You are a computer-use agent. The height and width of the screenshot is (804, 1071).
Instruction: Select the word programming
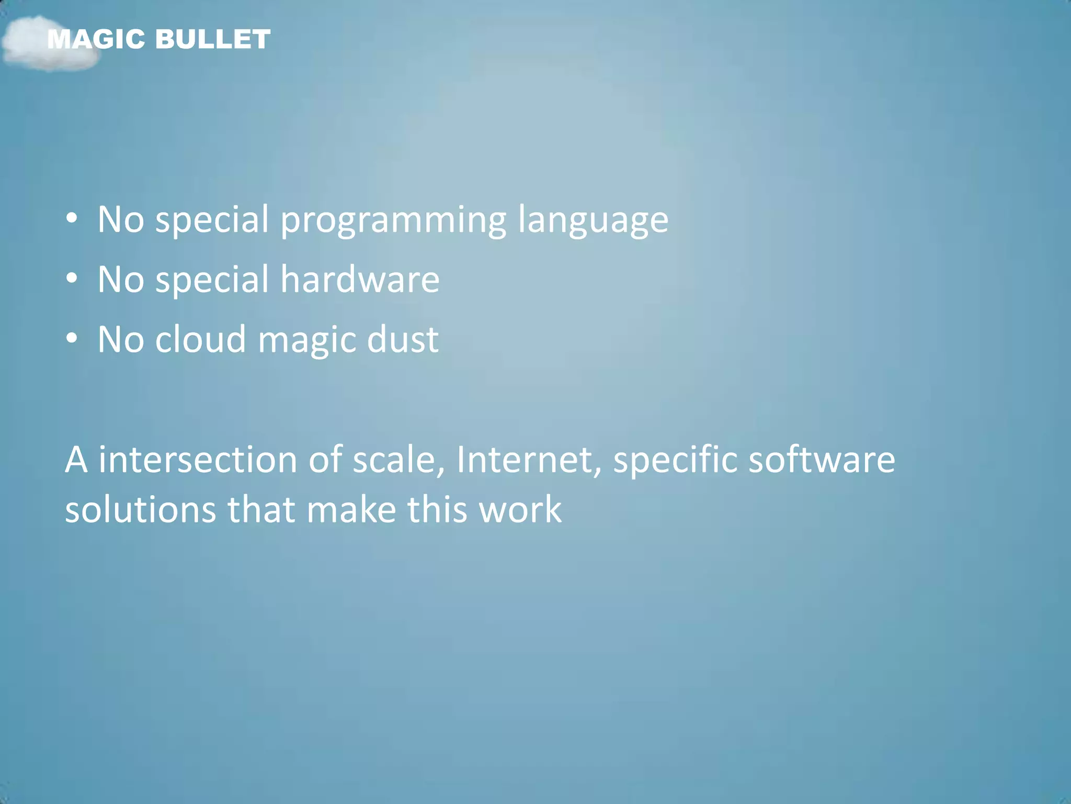click(393, 221)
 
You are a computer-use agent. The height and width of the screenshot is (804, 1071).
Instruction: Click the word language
click(593, 221)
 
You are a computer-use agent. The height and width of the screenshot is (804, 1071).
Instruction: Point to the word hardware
click(360, 280)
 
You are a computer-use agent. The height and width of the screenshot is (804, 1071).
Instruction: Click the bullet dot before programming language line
click(72, 219)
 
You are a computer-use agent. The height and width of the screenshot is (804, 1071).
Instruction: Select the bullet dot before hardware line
click(72, 278)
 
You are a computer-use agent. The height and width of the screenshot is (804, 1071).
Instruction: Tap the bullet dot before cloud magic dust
click(72, 339)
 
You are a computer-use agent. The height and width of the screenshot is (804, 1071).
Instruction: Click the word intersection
click(198, 460)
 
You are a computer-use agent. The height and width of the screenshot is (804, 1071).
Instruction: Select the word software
click(822, 460)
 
